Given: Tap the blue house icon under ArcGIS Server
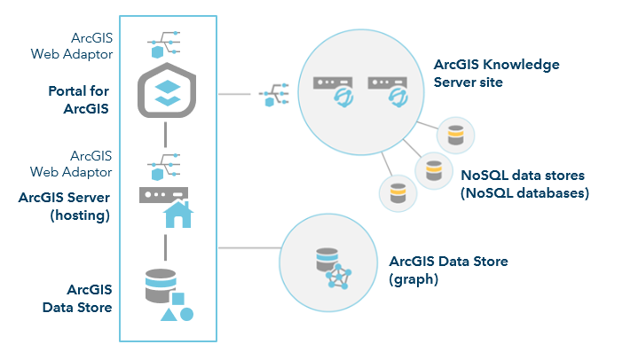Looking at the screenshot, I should point(177,214).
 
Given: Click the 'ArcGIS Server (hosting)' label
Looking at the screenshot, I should point(64,206).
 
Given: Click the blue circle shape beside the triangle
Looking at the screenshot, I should point(186,314).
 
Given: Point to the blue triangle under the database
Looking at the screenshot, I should point(168,314).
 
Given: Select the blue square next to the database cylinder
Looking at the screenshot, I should point(177,299).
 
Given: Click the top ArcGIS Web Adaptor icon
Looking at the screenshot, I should point(166,41).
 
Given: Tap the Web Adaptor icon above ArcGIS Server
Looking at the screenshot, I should point(166,164).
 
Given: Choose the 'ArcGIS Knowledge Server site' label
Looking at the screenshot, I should point(496,74).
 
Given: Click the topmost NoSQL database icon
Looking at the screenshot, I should point(455,135).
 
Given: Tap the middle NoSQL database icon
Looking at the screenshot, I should point(433,168).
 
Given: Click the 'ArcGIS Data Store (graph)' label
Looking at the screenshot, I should point(448,270).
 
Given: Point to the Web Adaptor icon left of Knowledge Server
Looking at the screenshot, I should point(272,96).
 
